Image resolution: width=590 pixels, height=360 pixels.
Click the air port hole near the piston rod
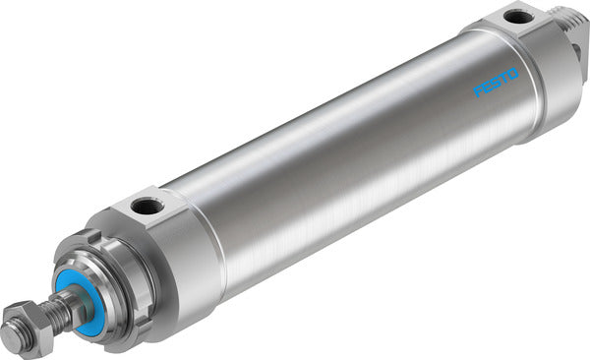pyautogui.click(x=147, y=208)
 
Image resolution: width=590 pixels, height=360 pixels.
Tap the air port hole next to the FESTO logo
pyautogui.click(x=515, y=17)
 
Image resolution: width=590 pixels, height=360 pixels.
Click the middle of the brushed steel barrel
pyautogui.click(x=344, y=157)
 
